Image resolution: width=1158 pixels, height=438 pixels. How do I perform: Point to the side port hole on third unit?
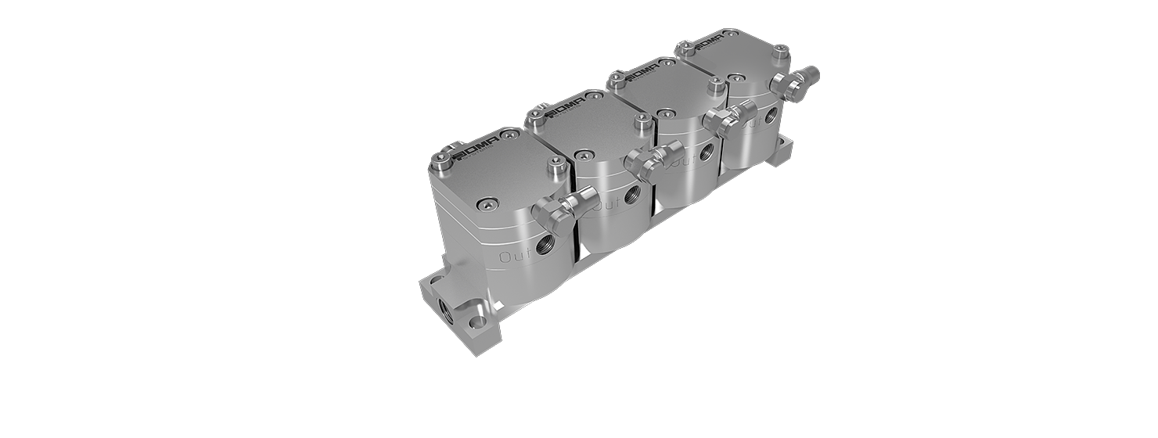[x=707, y=151]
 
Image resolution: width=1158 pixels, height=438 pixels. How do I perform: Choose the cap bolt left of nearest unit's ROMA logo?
[x=444, y=163]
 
